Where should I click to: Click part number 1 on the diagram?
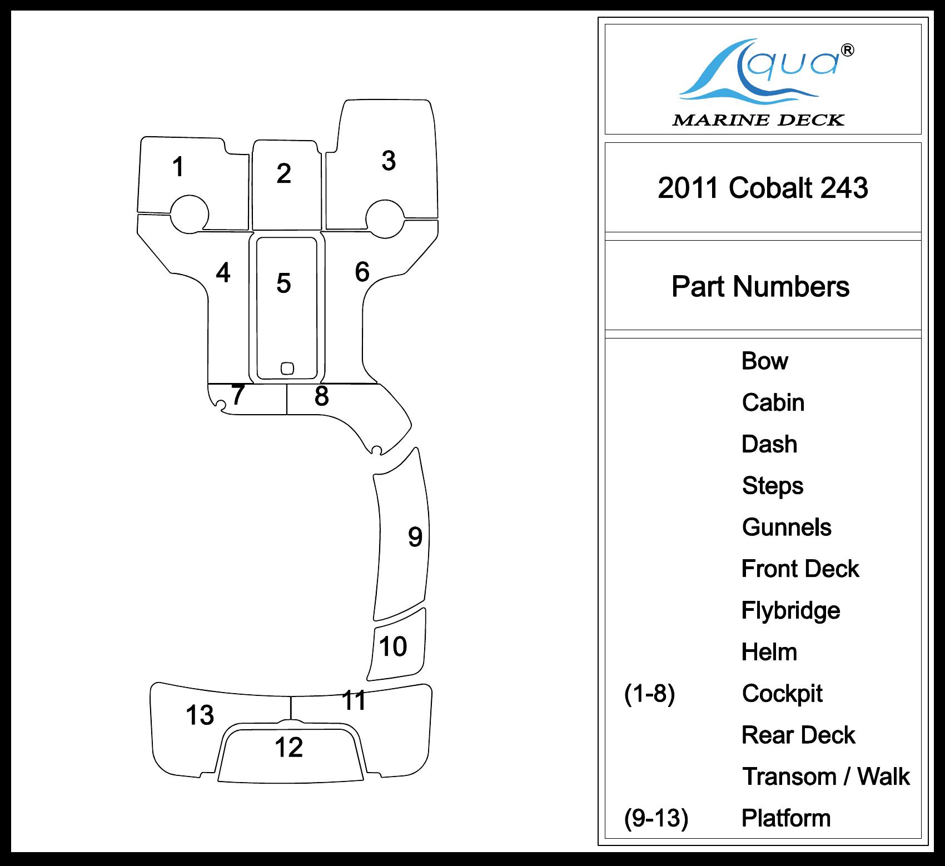click(x=178, y=167)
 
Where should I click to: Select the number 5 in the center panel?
click(x=283, y=283)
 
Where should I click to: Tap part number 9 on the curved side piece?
click(x=415, y=537)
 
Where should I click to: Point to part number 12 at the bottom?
click(x=289, y=748)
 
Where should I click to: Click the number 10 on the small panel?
click(x=393, y=646)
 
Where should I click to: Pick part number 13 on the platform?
click(x=200, y=715)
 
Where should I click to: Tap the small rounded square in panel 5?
click(x=287, y=368)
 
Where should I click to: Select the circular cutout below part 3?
click(x=385, y=218)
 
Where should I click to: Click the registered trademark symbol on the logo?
click(x=848, y=51)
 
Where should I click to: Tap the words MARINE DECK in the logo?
click(x=758, y=120)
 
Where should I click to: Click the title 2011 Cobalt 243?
click(x=763, y=188)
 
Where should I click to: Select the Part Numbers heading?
click(x=760, y=287)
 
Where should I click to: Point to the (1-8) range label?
click(x=649, y=694)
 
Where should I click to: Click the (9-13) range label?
click(x=656, y=818)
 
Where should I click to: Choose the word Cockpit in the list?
click(x=782, y=694)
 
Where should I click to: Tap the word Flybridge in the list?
click(x=790, y=611)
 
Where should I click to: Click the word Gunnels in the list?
click(x=787, y=527)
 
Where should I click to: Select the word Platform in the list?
click(x=786, y=818)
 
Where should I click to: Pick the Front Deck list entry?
click(x=800, y=569)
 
